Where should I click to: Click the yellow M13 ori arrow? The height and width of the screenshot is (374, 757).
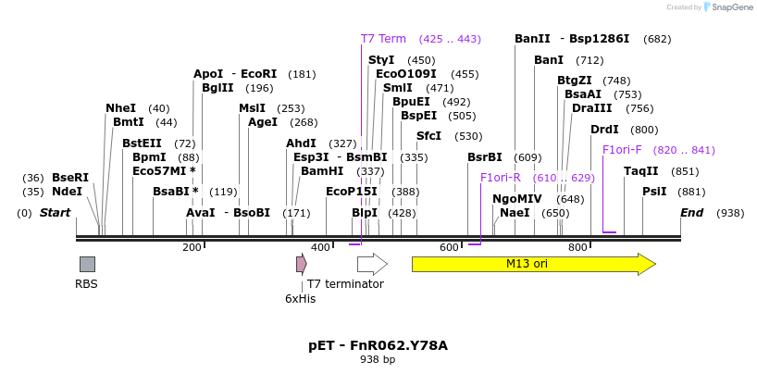coord(533,264)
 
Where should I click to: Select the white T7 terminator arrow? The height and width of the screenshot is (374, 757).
coord(371,264)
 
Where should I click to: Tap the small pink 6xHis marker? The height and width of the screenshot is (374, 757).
coord(301,264)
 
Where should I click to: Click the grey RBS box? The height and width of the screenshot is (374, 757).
coord(87,264)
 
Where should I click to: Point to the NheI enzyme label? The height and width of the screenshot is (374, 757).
coord(120,108)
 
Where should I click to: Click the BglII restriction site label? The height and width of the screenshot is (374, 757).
coord(217,88)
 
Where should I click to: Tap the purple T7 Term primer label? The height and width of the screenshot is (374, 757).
coord(383,39)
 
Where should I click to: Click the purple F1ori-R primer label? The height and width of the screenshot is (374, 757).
coord(501,177)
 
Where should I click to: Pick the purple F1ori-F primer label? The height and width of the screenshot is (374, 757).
coord(622,150)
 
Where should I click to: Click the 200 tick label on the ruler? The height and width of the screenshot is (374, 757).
coord(192,248)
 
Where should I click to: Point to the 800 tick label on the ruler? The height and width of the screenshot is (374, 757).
coord(577,248)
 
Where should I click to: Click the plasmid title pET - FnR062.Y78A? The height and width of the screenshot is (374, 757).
coord(378,345)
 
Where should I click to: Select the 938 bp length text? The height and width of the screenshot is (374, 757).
coord(378,360)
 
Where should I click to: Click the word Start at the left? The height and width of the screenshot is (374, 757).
coord(55,213)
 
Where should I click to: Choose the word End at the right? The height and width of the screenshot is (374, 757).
coord(691,213)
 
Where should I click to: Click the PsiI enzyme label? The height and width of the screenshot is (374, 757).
coord(654,192)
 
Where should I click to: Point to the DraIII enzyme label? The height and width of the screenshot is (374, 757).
coord(592,108)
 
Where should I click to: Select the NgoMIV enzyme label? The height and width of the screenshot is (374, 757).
coord(517,198)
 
